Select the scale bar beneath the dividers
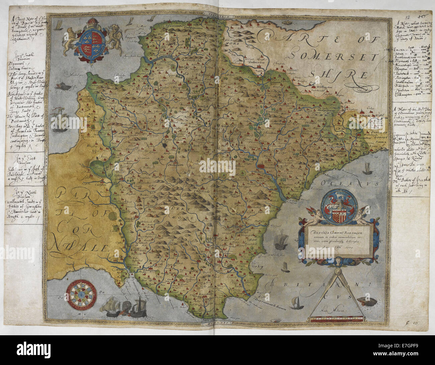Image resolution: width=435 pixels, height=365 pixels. [333, 322]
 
